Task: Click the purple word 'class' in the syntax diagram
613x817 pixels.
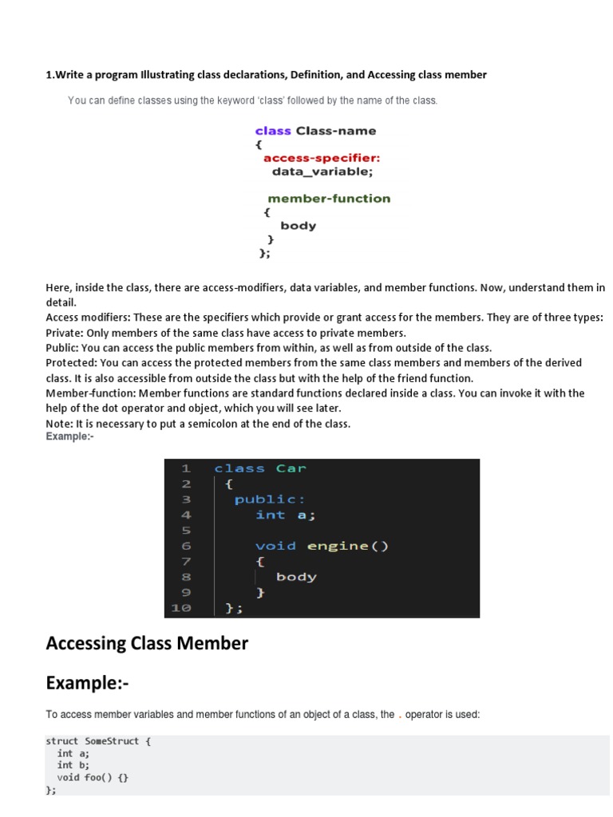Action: pyautogui.click(x=273, y=131)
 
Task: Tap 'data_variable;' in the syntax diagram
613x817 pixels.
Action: pyautogui.click(x=322, y=172)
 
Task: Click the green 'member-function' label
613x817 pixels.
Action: pyautogui.click(x=329, y=199)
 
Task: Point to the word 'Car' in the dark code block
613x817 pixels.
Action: pyautogui.click(x=291, y=468)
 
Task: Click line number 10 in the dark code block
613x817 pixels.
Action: pyautogui.click(x=180, y=608)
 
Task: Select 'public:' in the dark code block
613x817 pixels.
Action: pyautogui.click(x=270, y=499)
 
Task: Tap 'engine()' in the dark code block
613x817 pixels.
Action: pyautogui.click(x=337, y=547)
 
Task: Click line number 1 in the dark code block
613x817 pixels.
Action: pyautogui.click(x=185, y=468)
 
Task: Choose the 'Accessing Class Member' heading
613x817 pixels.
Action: pyautogui.click(x=147, y=643)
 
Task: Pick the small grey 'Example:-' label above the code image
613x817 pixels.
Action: pyautogui.click(x=70, y=437)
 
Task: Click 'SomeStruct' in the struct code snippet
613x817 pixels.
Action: pyautogui.click(x=112, y=741)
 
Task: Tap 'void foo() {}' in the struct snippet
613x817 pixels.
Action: pyautogui.click(x=92, y=777)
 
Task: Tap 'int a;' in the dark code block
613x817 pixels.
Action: pyautogui.click(x=285, y=515)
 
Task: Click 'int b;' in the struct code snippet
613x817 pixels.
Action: pyautogui.click(x=73, y=765)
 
